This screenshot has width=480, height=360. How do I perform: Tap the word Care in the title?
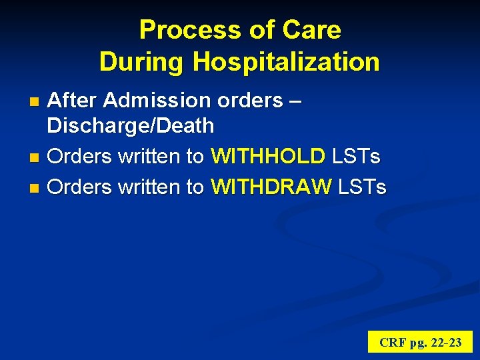click(x=312, y=30)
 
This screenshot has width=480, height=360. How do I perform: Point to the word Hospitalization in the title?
click(x=286, y=62)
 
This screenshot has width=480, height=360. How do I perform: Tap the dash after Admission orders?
click(x=296, y=101)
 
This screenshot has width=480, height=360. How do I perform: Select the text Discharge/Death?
click(x=131, y=125)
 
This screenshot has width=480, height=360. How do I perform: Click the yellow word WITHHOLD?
click(x=267, y=157)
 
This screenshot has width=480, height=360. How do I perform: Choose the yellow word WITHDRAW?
click(x=271, y=187)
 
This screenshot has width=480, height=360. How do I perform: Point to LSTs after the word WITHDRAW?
click(x=362, y=187)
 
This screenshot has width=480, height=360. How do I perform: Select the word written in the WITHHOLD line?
click(x=150, y=157)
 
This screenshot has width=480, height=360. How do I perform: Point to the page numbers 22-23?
click(x=445, y=343)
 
